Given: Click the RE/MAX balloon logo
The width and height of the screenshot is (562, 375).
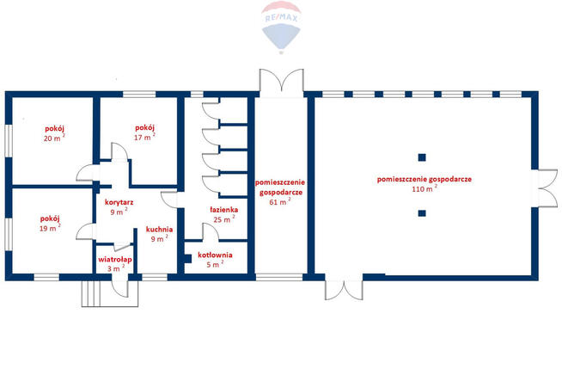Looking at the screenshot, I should point(280,28).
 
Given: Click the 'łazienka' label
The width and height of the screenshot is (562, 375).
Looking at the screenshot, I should point(223,209).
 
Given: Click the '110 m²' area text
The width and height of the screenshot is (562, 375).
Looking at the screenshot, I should point(424,188).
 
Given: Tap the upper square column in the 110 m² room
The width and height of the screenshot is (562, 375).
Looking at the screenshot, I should point(422,157).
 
